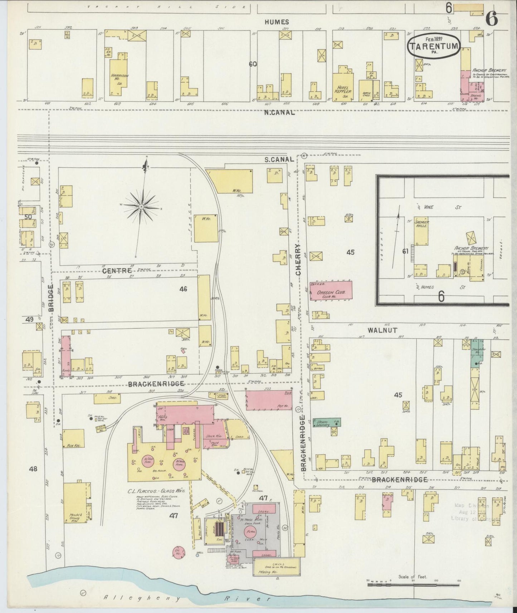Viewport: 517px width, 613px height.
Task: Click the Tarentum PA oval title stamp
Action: (433, 46)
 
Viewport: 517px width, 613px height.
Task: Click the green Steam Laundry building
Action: (326, 423)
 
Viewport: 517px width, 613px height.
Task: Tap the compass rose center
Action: (142, 207)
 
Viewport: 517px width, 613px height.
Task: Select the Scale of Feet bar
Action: (413, 585)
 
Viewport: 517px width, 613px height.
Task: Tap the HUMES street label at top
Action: (277, 22)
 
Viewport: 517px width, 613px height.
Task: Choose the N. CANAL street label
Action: (279, 112)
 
